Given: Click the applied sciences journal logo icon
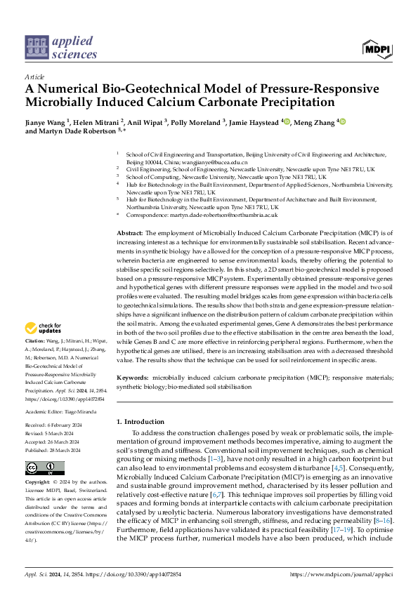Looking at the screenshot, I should coord(35,48).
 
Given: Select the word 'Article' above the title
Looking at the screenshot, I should coord(34,77).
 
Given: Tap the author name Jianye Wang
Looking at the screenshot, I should coord(44,121).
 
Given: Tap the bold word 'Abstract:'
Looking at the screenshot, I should coord(129,232).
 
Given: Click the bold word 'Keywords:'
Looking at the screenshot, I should coord(131,378).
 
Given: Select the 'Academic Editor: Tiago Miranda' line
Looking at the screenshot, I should coord(62,411).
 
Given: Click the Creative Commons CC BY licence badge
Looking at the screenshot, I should coord(44,468).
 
